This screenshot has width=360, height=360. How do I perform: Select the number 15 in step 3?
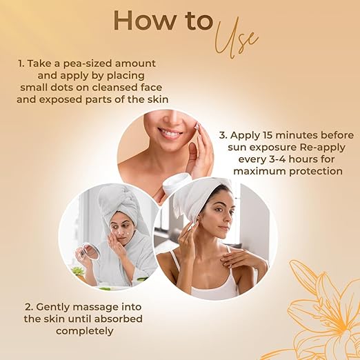(267, 135)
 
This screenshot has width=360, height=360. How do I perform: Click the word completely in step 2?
(85, 331)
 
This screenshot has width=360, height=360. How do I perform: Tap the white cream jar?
(177, 183)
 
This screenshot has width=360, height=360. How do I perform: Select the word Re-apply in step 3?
(323, 148)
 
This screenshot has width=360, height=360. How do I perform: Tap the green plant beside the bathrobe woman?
(77, 270)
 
